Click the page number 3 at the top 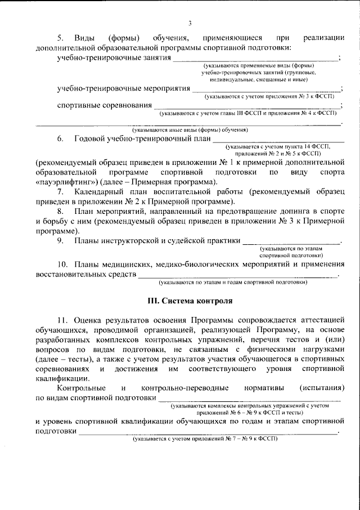pos(190,23)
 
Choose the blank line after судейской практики pos(291,242)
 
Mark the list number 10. pos(62,264)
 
